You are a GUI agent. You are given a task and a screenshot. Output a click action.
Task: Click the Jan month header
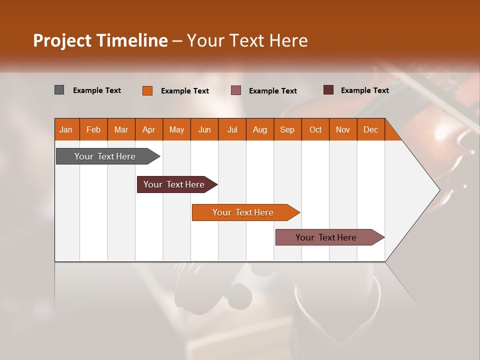point(66,129)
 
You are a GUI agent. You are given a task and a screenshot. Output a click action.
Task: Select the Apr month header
point(148,129)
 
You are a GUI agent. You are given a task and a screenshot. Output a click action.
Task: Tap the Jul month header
point(232,129)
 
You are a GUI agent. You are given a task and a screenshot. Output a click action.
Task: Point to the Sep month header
point(287,129)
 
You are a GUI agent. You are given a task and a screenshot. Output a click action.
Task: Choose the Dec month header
point(370,129)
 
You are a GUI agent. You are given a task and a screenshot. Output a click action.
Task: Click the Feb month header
point(93,129)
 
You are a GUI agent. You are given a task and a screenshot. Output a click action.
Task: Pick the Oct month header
point(315,129)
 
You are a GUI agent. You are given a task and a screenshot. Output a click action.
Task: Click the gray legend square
point(59,90)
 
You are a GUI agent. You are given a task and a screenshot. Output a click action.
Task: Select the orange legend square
point(147,90)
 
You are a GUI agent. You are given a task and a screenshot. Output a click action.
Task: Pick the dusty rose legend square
point(236,90)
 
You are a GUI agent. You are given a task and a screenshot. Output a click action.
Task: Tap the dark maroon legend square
point(328,90)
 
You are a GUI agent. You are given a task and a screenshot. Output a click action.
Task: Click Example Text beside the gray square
point(97,90)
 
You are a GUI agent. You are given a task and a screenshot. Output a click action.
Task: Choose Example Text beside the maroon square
point(365,90)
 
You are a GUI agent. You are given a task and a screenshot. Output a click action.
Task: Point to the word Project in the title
point(62,40)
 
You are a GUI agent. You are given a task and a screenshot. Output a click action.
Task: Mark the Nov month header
point(343,129)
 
